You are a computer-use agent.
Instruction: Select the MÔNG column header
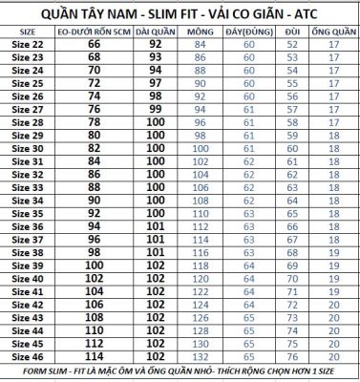pos(200,31)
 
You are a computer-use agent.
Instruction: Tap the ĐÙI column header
pos(291,31)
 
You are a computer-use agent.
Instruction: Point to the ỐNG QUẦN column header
pos(331,31)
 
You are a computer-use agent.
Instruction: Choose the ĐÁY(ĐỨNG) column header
pos(248,31)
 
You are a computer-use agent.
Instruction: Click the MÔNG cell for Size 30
pos(200,148)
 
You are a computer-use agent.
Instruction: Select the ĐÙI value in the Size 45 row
pos(291,342)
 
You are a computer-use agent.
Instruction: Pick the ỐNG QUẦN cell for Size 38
pos(331,251)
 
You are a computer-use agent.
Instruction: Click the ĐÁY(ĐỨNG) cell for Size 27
pos(248,109)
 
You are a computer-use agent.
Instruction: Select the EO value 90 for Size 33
pos(94,200)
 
